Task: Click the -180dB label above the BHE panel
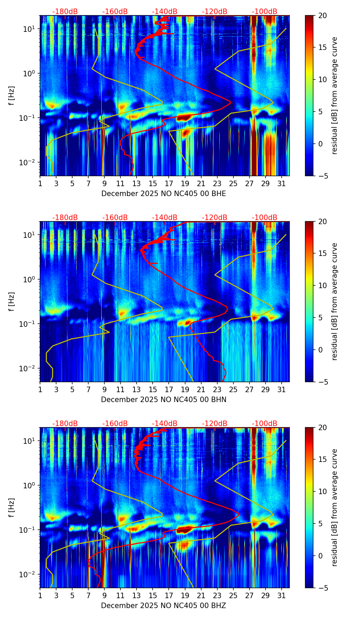pos(65,12)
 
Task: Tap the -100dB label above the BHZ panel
pos(265,424)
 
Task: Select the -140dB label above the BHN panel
pos(165,218)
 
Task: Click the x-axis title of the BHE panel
pos(164,194)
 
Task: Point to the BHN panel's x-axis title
pos(164,400)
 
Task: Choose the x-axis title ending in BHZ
pos(164,606)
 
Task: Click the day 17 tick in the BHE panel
pos(169,184)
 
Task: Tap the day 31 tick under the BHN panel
pos(282,390)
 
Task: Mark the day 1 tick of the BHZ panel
pos(40,596)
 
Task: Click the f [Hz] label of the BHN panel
pos(12,301)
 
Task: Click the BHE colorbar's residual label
pos(334,95)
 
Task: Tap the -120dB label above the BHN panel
pos(215,218)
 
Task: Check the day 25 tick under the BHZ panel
pos(233,596)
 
